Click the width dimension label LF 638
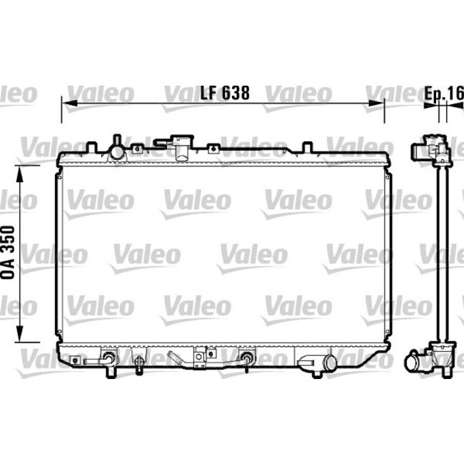225,92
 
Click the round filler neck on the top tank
116,151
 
